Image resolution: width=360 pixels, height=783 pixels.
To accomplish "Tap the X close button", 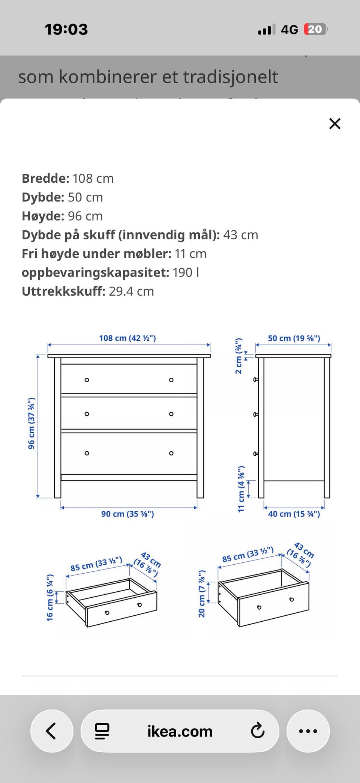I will [334, 123].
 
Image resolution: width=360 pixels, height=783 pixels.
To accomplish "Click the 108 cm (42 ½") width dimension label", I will [127, 338].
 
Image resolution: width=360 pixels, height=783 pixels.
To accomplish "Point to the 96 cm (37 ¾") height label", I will [31, 423].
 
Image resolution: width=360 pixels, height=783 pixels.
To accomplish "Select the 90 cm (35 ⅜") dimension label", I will [127, 514].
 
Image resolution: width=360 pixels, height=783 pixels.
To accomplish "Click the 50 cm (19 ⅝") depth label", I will [294, 338].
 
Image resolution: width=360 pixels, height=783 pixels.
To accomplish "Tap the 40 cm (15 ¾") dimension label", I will [294, 514].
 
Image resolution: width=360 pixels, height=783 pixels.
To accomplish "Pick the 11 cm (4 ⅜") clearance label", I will [241, 489].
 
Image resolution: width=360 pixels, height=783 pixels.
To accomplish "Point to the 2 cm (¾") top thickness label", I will [238, 356].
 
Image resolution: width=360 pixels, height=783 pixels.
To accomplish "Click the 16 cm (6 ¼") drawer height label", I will [50, 597].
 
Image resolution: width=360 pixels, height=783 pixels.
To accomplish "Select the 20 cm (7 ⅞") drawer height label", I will [202, 594].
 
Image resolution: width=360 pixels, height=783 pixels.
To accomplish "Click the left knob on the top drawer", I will [87, 380].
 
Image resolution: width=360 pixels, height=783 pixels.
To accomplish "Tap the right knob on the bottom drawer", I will [171, 453].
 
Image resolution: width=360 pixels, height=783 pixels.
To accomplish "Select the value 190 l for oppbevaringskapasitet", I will [186, 272].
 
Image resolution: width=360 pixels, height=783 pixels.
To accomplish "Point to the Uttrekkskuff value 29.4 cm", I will [131, 291].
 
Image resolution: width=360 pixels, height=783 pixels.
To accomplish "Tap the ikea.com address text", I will [180, 731].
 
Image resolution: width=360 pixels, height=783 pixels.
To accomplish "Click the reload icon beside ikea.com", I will [258, 731].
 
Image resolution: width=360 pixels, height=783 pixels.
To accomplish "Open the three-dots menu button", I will [308, 731].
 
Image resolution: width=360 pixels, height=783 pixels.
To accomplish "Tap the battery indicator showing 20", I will [315, 29].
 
